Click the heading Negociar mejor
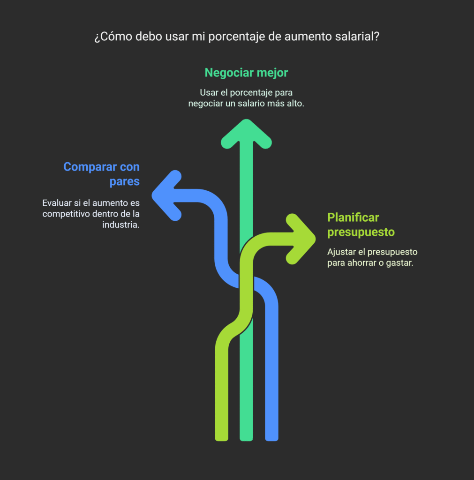[246, 73]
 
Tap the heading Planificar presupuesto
[361, 225]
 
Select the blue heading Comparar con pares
[101, 174]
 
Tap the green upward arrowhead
[246, 134]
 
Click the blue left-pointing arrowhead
[167, 195]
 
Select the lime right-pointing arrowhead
[301, 239]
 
